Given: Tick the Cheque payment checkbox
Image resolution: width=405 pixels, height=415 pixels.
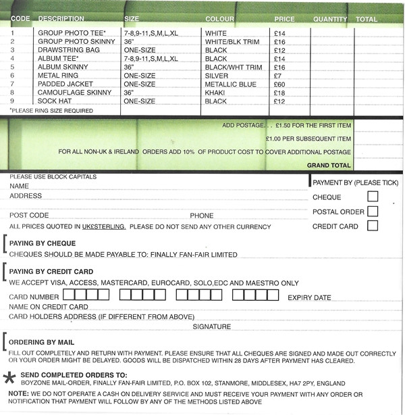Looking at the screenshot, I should [373, 197].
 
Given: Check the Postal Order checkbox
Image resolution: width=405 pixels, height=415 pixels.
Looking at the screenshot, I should [373, 212].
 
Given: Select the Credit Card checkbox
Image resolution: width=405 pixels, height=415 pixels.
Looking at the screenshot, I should [373, 226].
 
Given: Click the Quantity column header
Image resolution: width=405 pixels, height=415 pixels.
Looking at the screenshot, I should [330, 19].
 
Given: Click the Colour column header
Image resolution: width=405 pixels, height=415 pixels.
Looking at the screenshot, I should [219, 19].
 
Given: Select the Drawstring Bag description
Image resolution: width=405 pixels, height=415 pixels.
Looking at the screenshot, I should [65, 49].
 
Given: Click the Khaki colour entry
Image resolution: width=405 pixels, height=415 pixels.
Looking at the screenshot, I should [214, 93].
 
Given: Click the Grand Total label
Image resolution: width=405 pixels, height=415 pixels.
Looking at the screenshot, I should [329, 165].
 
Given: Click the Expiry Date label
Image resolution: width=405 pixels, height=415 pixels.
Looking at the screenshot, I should [309, 297].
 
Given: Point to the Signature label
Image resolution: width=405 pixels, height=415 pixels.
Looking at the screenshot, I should [211, 326].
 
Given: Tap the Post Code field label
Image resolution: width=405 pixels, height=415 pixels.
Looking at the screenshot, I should [28, 215].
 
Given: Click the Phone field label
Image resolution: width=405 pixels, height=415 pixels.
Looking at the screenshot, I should [201, 215].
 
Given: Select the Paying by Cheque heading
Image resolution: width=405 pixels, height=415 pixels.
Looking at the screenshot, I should [43, 243].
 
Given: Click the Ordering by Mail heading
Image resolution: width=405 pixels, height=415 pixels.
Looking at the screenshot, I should [42, 343].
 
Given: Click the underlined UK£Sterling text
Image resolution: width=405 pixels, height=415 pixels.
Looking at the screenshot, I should [103, 226].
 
